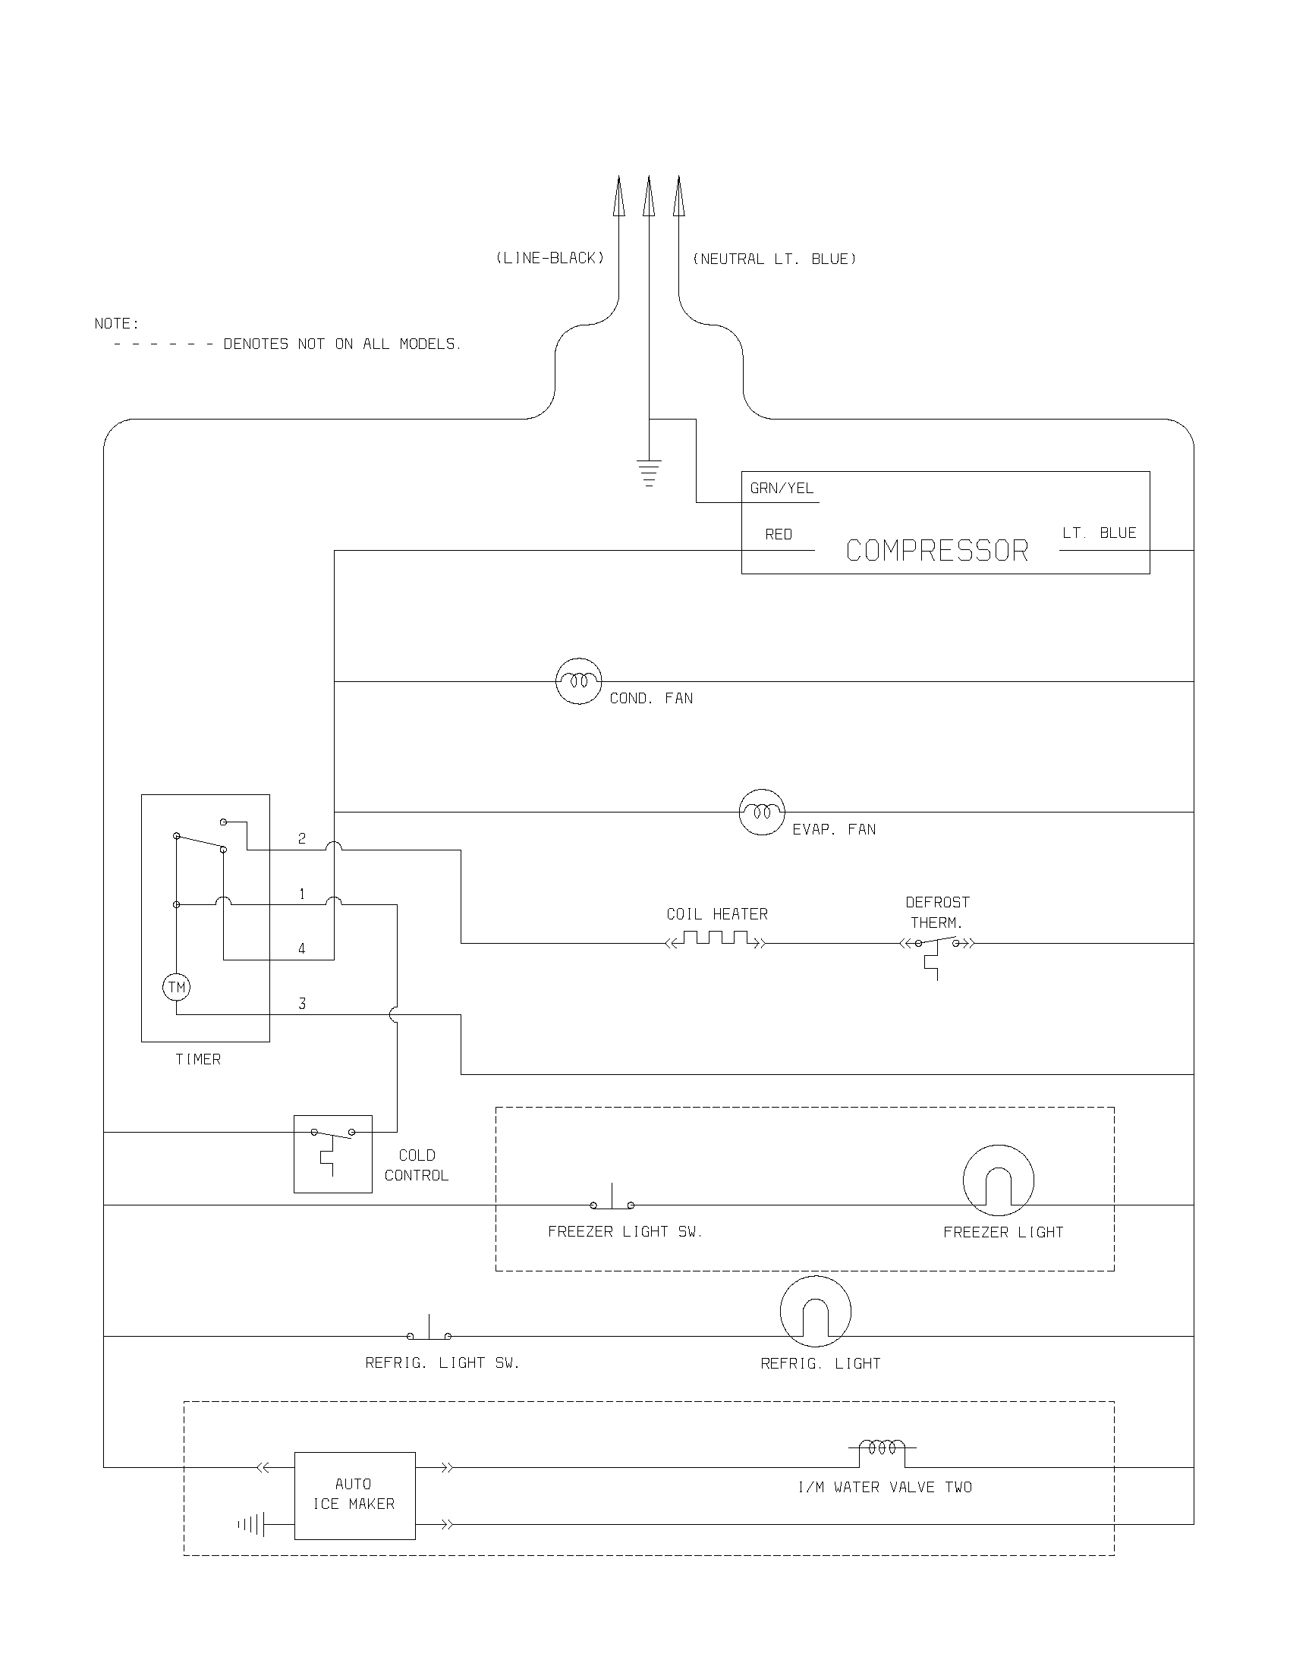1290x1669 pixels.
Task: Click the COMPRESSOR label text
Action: (x=937, y=551)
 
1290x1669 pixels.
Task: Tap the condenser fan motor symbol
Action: (x=578, y=681)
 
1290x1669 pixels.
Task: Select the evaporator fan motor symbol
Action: (x=762, y=812)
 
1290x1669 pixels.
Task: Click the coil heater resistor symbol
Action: (x=716, y=939)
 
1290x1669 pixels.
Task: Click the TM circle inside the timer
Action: (x=177, y=987)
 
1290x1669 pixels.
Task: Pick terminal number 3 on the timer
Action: (x=302, y=1004)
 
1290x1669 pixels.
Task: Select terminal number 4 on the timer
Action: (x=302, y=949)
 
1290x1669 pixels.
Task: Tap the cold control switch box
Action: (x=333, y=1154)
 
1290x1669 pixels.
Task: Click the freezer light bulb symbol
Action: (x=998, y=1180)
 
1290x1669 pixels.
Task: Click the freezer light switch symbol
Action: (x=612, y=1201)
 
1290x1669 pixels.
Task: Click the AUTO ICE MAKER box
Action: (x=354, y=1495)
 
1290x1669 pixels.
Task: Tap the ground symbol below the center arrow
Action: (x=649, y=473)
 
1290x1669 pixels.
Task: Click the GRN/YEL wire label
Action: (x=782, y=489)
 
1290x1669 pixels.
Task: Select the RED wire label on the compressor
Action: (x=779, y=535)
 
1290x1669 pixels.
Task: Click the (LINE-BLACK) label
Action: (x=550, y=258)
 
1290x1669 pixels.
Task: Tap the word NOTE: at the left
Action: (x=117, y=324)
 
